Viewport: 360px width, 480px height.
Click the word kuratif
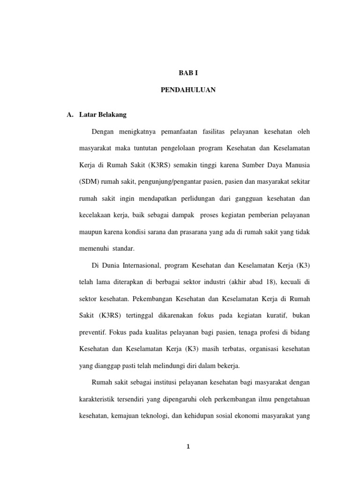pyautogui.click(x=271, y=315)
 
